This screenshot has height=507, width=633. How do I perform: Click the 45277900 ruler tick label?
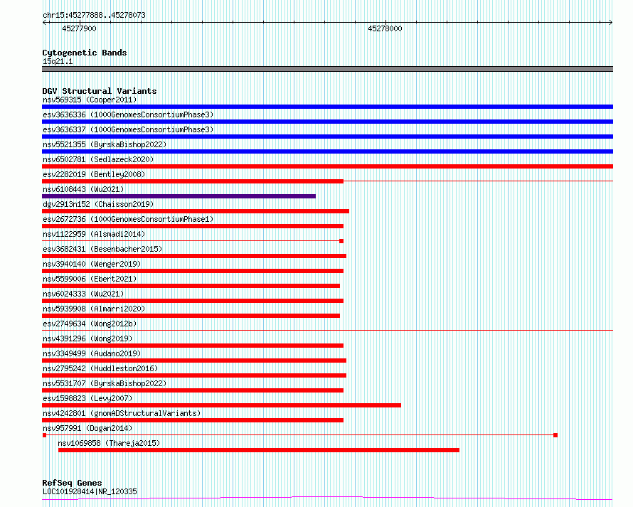79,28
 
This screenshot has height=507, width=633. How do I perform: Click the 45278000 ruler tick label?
385,28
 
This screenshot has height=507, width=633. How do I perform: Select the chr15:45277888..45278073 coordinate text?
94,16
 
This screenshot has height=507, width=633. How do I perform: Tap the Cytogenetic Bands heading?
85,53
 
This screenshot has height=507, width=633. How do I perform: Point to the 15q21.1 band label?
58,61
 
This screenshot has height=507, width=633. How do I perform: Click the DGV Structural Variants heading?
100,91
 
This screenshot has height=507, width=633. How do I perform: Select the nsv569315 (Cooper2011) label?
90,100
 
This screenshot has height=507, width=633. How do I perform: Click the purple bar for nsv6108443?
179,196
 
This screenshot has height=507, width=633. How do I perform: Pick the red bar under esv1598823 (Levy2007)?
221,405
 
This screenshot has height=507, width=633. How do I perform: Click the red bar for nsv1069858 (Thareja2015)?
259,450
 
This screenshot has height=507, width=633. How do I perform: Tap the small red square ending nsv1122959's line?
341,241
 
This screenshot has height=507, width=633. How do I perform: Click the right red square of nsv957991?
555,435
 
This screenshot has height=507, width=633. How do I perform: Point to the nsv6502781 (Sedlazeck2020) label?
98,159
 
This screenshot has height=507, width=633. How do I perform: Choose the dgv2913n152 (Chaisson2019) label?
98,204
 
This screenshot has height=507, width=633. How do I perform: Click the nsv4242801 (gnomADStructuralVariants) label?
122,413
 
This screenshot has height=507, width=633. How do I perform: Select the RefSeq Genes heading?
72,483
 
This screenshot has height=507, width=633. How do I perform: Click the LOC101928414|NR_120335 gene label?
90,491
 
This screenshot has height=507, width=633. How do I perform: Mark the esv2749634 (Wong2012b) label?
90,324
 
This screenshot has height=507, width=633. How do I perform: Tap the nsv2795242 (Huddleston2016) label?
100,368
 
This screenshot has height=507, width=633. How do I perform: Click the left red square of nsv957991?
44,435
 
